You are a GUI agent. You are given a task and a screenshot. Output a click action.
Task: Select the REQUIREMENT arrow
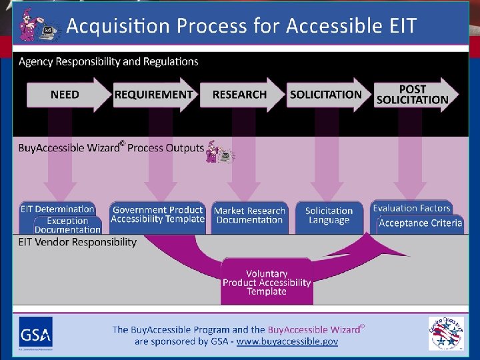(154, 95)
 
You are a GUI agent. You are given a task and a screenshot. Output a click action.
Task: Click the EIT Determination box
(57, 209)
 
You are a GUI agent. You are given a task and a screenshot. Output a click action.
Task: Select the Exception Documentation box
(67, 225)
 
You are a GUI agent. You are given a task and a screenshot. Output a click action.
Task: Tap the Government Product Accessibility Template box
(157, 215)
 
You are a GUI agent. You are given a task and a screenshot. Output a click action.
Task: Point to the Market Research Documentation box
(249, 215)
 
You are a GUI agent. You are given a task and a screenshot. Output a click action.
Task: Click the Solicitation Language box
(329, 215)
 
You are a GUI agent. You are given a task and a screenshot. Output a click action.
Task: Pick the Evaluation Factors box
(411, 208)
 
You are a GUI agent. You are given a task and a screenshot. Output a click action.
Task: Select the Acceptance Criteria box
(420, 223)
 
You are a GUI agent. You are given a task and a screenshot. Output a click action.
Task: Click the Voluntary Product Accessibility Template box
(267, 282)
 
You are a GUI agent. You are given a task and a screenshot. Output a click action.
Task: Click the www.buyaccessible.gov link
(288, 341)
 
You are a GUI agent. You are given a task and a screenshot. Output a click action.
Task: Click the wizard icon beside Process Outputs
(219, 151)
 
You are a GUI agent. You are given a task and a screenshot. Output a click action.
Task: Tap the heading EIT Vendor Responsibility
(77, 242)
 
